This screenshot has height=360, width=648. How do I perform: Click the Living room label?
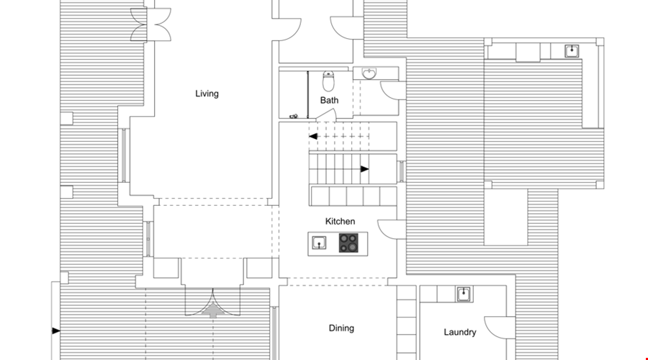[x=207, y=94]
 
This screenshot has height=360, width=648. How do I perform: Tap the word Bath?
[x=329, y=100]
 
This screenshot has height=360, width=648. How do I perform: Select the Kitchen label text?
[x=340, y=221]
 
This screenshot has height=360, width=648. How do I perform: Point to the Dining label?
[x=341, y=328]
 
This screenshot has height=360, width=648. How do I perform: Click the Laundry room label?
[x=460, y=332]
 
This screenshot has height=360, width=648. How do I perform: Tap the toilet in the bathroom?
[x=328, y=81]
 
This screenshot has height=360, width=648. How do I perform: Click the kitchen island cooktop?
[x=348, y=243]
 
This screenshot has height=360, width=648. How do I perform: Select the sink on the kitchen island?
[x=319, y=243]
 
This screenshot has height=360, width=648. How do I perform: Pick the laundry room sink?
[x=464, y=294]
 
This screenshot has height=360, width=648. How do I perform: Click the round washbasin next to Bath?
[x=369, y=73]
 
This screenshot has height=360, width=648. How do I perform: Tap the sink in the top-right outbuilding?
[x=572, y=51]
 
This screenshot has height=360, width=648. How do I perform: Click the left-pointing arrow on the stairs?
[x=313, y=136]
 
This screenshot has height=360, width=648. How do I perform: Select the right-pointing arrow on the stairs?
[x=364, y=169]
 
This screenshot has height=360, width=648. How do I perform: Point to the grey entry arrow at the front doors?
[x=213, y=310]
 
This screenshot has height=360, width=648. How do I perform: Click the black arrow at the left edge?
[x=55, y=330]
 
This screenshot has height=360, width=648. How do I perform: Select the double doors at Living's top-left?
[x=151, y=24]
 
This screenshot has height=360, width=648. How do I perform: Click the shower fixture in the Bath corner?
[x=294, y=117]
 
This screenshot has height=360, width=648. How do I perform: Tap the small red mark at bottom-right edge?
[x=647, y=359]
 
